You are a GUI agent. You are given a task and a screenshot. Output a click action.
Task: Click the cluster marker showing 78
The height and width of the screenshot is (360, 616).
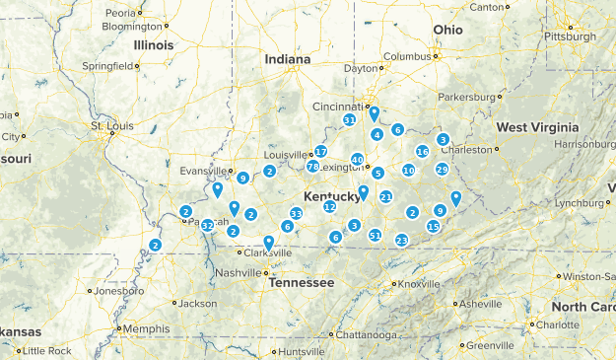pyautogui.click(x=311, y=167)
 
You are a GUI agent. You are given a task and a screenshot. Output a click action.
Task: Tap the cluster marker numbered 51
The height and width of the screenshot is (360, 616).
pyautogui.click(x=375, y=235)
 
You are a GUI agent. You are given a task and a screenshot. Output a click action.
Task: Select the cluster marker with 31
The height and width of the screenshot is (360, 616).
pyautogui.click(x=349, y=120)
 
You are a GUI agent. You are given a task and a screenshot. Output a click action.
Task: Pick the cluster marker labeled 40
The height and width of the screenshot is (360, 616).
pyautogui.click(x=357, y=160)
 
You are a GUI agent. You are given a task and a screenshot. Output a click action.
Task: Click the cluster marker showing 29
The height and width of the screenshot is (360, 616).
pyautogui.click(x=442, y=170)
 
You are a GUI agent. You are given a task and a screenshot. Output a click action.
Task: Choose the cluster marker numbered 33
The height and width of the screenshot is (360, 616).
pyautogui.click(x=296, y=214)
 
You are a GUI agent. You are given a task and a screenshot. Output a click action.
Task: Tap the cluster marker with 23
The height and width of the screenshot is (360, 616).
pyautogui.click(x=401, y=241)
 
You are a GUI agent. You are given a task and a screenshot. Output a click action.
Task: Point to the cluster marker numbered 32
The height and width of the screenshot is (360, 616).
pyautogui.click(x=207, y=226)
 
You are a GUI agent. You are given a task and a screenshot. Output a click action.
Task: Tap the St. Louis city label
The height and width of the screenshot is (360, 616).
pyautogui.click(x=110, y=126)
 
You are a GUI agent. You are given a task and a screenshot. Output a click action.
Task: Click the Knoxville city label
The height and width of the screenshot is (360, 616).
pyautogui.click(x=419, y=284)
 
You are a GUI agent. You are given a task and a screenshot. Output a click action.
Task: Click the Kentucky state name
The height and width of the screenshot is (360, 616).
pyautogui.click(x=332, y=197)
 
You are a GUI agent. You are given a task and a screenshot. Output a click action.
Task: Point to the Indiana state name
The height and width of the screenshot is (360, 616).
pyautogui.click(x=287, y=59)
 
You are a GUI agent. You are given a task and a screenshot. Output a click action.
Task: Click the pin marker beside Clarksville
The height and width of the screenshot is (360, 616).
pyautogui.click(x=268, y=242)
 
